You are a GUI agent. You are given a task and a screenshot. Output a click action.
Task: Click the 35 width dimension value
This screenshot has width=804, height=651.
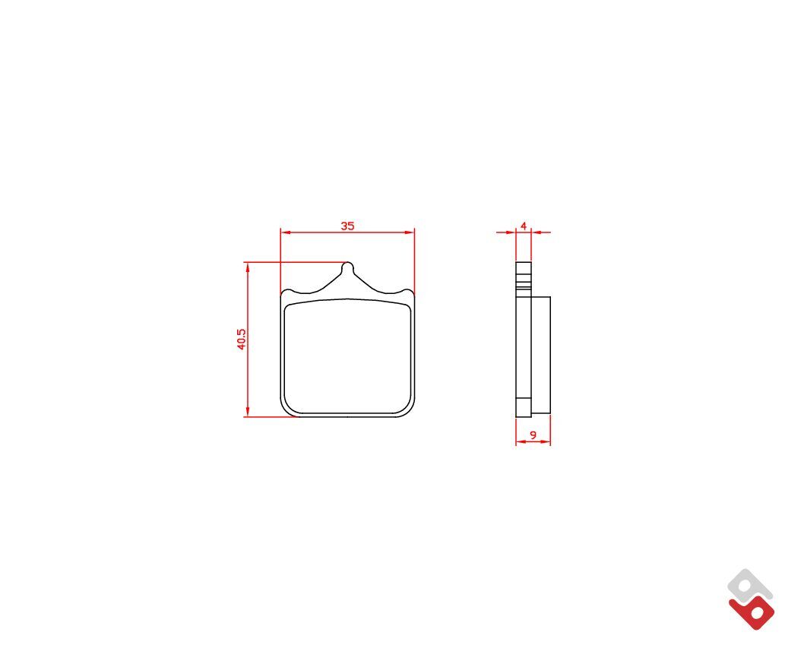coord(347,226)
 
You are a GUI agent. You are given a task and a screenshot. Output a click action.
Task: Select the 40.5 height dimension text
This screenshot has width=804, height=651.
coord(242,340)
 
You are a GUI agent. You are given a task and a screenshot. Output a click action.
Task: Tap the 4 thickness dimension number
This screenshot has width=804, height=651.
coord(524,226)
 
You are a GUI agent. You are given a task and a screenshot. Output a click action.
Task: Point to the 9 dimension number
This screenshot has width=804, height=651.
coord(533,435)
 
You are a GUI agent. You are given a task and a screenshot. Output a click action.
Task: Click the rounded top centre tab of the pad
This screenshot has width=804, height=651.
coord(347,267)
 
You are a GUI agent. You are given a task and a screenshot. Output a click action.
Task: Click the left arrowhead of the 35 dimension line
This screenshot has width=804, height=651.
coord(286,232)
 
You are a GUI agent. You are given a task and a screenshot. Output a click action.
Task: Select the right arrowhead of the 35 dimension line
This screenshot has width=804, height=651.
coord(409,232)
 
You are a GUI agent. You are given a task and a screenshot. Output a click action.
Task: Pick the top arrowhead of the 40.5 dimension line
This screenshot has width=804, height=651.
coord(248,267)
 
